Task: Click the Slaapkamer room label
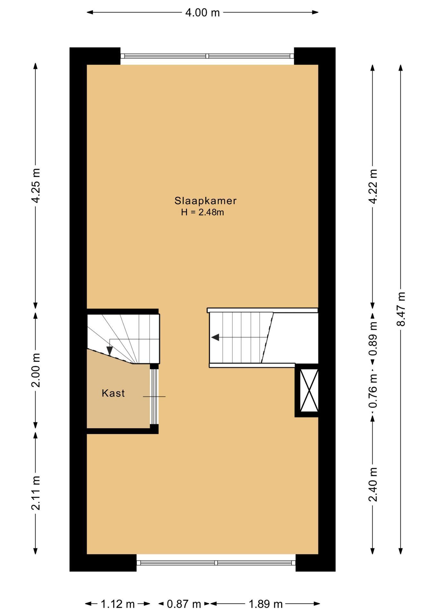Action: click(x=205, y=201)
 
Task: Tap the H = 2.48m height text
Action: click(x=202, y=212)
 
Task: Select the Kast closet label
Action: click(x=113, y=393)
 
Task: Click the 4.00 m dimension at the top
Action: click(x=203, y=13)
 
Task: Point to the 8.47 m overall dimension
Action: click(x=401, y=309)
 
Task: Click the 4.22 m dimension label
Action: click(x=373, y=186)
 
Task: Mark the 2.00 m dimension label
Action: click(x=36, y=370)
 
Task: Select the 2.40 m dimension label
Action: click(x=373, y=485)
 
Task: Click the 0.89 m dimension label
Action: click(x=373, y=339)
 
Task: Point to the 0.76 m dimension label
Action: click(x=373, y=390)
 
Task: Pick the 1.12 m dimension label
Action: click(x=118, y=604)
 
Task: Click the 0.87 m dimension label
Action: click(x=184, y=604)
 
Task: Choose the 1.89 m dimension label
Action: click(x=266, y=604)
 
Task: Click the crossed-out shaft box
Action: click(x=309, y=390)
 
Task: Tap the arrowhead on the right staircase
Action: click(x=215, y=338)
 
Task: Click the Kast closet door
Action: click(x=154, y=397)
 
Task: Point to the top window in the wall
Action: click(x=207, y=56)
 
